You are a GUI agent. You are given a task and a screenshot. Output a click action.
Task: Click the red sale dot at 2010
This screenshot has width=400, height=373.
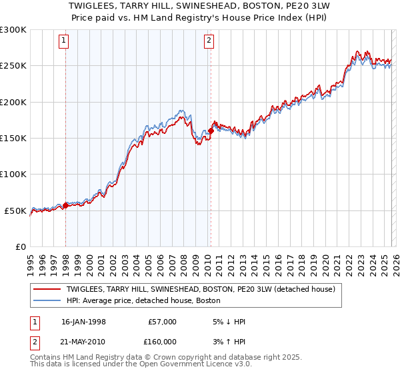211,131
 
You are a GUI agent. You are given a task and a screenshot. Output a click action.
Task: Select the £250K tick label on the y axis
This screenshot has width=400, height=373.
13,66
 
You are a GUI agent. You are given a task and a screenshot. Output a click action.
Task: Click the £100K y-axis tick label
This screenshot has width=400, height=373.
13,174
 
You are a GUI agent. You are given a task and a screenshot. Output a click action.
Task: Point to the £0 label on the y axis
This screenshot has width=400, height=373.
20,246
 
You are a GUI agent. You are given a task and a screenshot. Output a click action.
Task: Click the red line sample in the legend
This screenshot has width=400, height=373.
47,290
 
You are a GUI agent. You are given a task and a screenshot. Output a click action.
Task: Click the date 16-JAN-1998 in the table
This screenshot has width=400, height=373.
83,322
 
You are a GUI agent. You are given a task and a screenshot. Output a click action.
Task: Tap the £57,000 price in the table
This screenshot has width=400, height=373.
161,322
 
